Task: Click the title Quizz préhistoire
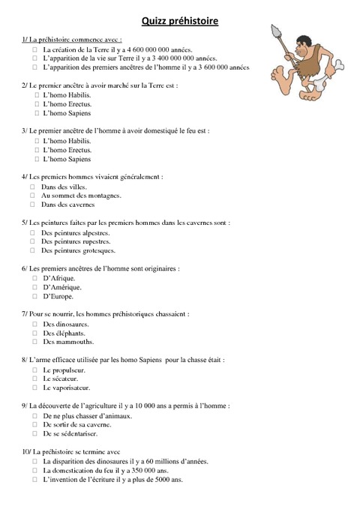(x=180, y=22)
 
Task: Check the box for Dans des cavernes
(x=33, y=204)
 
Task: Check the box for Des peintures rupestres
(x=33, y=241)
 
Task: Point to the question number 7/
(x=27, y=315)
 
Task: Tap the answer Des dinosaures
(x=66, y=324)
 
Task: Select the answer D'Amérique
(x=62, y=287)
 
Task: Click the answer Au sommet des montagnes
(x=81, y=195)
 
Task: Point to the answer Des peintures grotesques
(x=79, y=250)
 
